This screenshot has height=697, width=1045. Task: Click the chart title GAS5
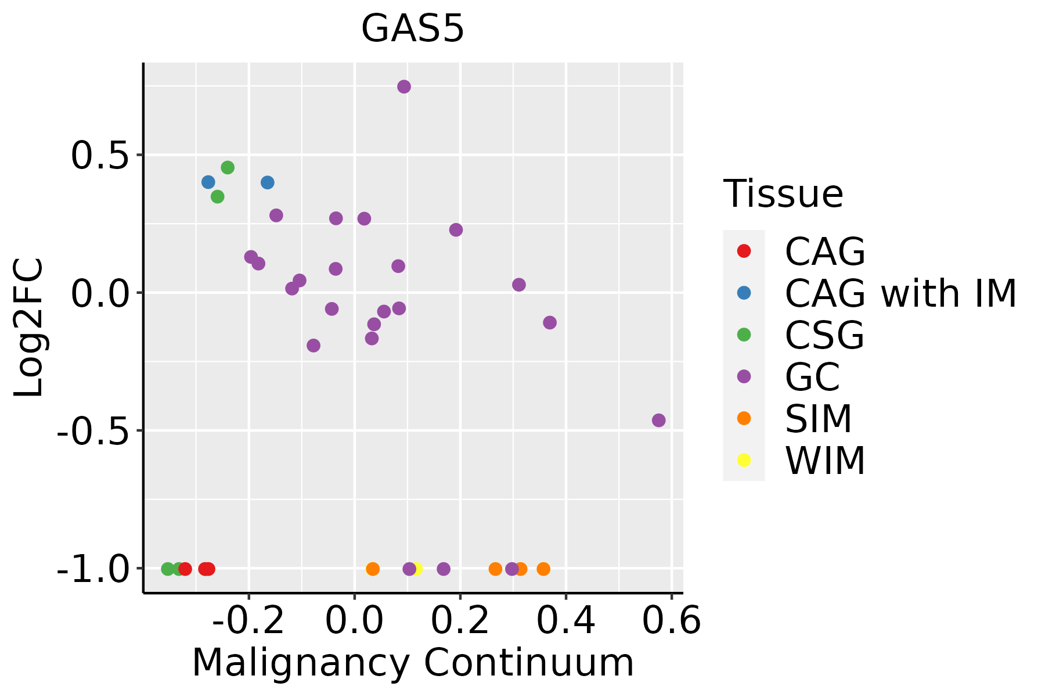click(x=413, y=29)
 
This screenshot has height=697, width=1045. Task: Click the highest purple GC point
click(x=404, y=87)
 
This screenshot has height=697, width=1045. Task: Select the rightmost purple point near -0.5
click(x=658, y=420)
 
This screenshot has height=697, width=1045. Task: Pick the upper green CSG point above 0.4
click(x=228, y=167)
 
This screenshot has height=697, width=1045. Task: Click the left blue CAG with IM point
click(x=208, y=182)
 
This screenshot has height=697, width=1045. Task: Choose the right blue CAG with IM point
click(x=267, y=182)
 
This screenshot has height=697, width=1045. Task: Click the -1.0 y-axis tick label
click(x=93, y=570)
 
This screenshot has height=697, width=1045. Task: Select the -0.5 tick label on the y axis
click(x=93, y=432)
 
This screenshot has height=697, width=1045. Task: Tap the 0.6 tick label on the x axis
click(x=672, y=621)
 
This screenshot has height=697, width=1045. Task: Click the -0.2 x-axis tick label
click(x=248, y=621)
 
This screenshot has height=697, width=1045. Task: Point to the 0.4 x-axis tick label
click(x=565, y=621)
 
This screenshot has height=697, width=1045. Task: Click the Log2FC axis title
click(x=29, y=328)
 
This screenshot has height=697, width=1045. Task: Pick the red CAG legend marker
click(x=744, y=251)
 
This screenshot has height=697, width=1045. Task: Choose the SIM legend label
click(x=818, y=419)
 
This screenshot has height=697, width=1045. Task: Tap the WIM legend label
click(x=825, y=461)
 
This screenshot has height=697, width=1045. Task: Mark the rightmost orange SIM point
click(x=543, y=569)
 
